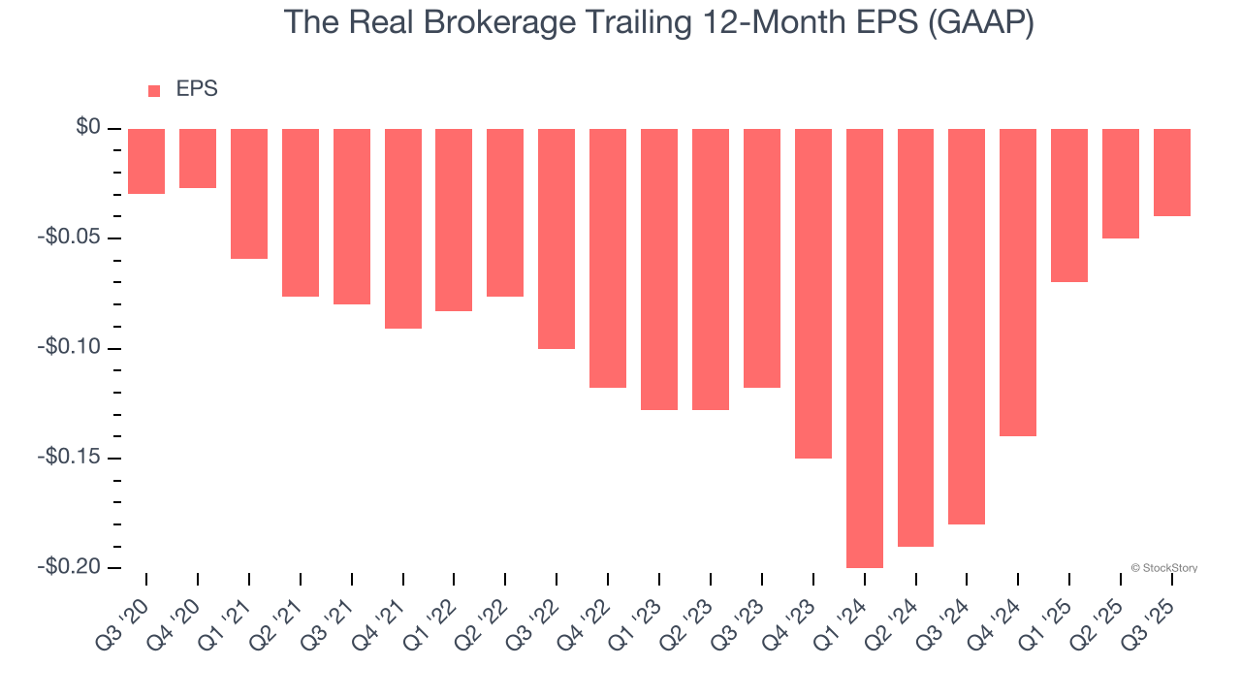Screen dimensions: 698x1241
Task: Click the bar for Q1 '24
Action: click(864, 348)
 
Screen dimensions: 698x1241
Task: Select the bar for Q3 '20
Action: click(146, 161)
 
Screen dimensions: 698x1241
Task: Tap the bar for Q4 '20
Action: click(198, 158)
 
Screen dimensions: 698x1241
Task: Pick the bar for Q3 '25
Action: click(1171, 173)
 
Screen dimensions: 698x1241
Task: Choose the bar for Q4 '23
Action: click(813, 293)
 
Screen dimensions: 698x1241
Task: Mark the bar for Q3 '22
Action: click(557, 238)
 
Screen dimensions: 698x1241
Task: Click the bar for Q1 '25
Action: click(1069, 206)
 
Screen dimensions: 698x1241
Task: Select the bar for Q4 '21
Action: click(402, 229)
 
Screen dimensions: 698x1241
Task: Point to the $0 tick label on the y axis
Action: click(88, 128)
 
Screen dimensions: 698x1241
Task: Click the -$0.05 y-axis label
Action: click(74, 238)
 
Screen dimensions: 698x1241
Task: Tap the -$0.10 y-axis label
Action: click(74, 348)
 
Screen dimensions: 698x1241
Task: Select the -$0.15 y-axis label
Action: click(74, 458)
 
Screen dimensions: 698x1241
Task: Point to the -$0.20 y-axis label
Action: click(74, 567)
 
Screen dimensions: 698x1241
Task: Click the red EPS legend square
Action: click(154, 91)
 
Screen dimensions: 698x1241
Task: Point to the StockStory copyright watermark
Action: click(1163, 568)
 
